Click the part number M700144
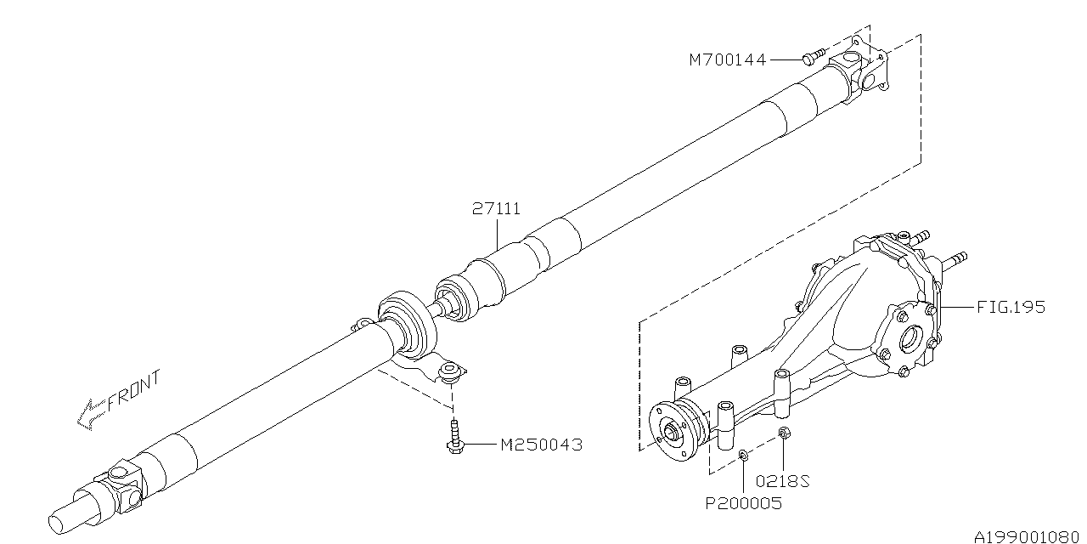point(727,60)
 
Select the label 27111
point(497,209)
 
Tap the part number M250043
point(541,445)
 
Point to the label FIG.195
point(1011,307)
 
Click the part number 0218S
point(783,481)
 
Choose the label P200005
point(743,503)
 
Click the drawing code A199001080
point(1026,536)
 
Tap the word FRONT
point(134,391)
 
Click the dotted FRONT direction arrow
point(91,413)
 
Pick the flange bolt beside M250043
point(454,437)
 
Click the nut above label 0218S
point(783,433)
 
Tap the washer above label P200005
point(743,455)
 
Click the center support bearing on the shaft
point(407,324)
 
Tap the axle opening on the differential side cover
point(910,340)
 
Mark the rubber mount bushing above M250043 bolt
point(450,372)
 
